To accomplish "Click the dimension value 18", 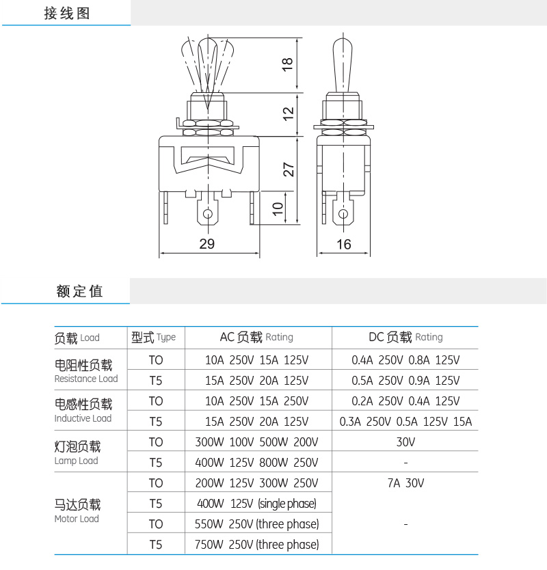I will pos(288,64).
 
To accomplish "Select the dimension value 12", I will pos(288,112).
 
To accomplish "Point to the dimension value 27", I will pos(288,169).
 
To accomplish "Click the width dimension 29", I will pos(207,244).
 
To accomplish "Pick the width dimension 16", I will pos(344,244).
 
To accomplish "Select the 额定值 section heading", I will pos(79,291).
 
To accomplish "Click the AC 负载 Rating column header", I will pos(256,337).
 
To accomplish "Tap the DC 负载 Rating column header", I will pos(405,337).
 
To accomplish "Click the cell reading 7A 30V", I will pos(405,483).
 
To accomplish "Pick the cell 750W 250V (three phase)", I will pos(257,545).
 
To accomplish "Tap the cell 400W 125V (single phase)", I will pos(256,504).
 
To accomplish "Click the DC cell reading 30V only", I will pos(405,442).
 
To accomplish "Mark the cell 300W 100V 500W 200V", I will pos(256,442).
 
